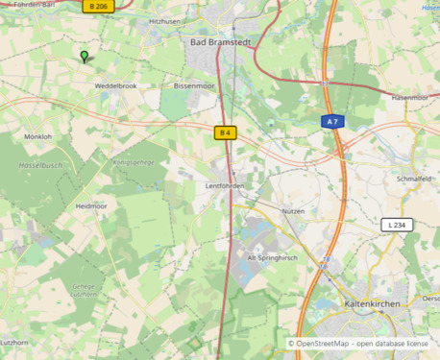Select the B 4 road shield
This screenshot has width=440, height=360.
[x=225, y=132]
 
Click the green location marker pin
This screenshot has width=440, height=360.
[x=85, y=57]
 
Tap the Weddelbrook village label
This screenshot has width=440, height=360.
[x=115, y=85]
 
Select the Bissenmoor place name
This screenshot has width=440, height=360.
[x=194, y=85]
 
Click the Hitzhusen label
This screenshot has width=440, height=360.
[x=164, y=20]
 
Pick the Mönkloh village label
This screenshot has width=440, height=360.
[x=37, y=137]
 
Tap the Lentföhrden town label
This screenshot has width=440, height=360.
[x=225, y=185]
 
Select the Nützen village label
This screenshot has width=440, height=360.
[x=293, y=210]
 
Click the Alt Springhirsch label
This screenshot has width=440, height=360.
[x=273, y=258]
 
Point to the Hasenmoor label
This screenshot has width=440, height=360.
[x=409, y=98]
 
